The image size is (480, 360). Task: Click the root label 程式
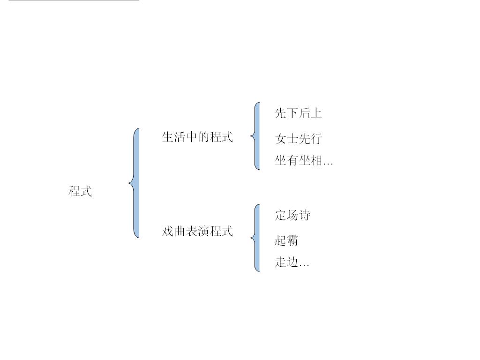(x=80, y=191)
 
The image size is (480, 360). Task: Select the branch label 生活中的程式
(x=197, y=137)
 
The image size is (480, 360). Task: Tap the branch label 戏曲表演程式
(x=197, y=232)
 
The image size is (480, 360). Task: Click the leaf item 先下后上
(x=298, y=113)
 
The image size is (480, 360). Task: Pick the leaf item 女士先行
(x=298, y=139)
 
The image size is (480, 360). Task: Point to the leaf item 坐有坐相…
(x=304, y=161)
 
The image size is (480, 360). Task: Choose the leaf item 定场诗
(x=292, y=216)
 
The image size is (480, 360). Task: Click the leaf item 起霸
(x=286, y=241)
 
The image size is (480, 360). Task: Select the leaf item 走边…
(x=292, y=262)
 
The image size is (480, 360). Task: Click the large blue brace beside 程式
(x=135, y=183)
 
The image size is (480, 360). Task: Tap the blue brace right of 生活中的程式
(x=256, y=136)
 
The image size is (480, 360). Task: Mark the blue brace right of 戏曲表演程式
(x=256, y=238)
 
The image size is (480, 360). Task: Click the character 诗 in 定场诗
(x=305, y=216)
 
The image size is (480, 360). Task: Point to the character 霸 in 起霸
(x=292, y=241)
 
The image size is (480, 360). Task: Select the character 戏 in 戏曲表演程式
(x=167, y=232)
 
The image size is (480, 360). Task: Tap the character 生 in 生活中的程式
(x=167, y=137)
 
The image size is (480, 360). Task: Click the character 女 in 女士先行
(x=280, y=139)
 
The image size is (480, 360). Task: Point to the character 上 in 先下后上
(x=316, y=113)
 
